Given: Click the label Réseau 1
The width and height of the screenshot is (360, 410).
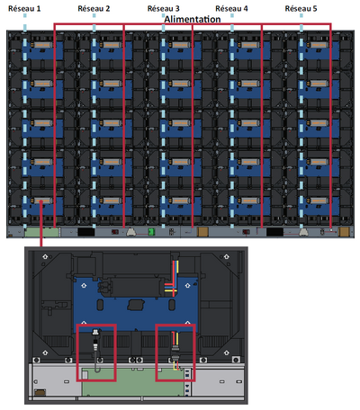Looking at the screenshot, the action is (x=24, y=9).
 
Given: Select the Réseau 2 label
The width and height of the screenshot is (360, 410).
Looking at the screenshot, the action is (x=94, y=9).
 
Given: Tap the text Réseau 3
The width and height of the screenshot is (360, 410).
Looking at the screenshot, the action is (x=164, y=9).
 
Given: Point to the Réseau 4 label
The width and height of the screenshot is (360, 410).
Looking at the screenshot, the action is (x=231, y=9).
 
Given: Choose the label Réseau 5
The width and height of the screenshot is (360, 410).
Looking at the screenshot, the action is (x=301, y=9).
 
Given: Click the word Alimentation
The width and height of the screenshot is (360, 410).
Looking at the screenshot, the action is (x=193, y=20).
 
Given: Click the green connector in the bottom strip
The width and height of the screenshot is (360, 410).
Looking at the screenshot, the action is (x=151, y=232).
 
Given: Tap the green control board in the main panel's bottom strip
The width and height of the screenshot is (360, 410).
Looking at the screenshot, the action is (x=41, y=232).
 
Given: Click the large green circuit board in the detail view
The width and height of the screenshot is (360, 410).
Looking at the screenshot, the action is (x=133, y=382).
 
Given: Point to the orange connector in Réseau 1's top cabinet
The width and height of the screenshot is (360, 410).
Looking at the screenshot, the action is (x=43, y=45).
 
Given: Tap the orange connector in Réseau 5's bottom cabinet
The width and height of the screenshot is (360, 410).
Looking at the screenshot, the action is (x=319, y=201).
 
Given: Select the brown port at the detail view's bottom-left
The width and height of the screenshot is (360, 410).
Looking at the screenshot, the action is (x=40, y=392).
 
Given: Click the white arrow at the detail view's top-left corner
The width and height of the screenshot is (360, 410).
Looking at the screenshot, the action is (x=45, y=256).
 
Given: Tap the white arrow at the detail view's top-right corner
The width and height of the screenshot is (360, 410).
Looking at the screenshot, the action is (x=227, y=256).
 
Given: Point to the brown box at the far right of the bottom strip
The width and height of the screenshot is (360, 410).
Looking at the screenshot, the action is (x=344, y=232).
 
